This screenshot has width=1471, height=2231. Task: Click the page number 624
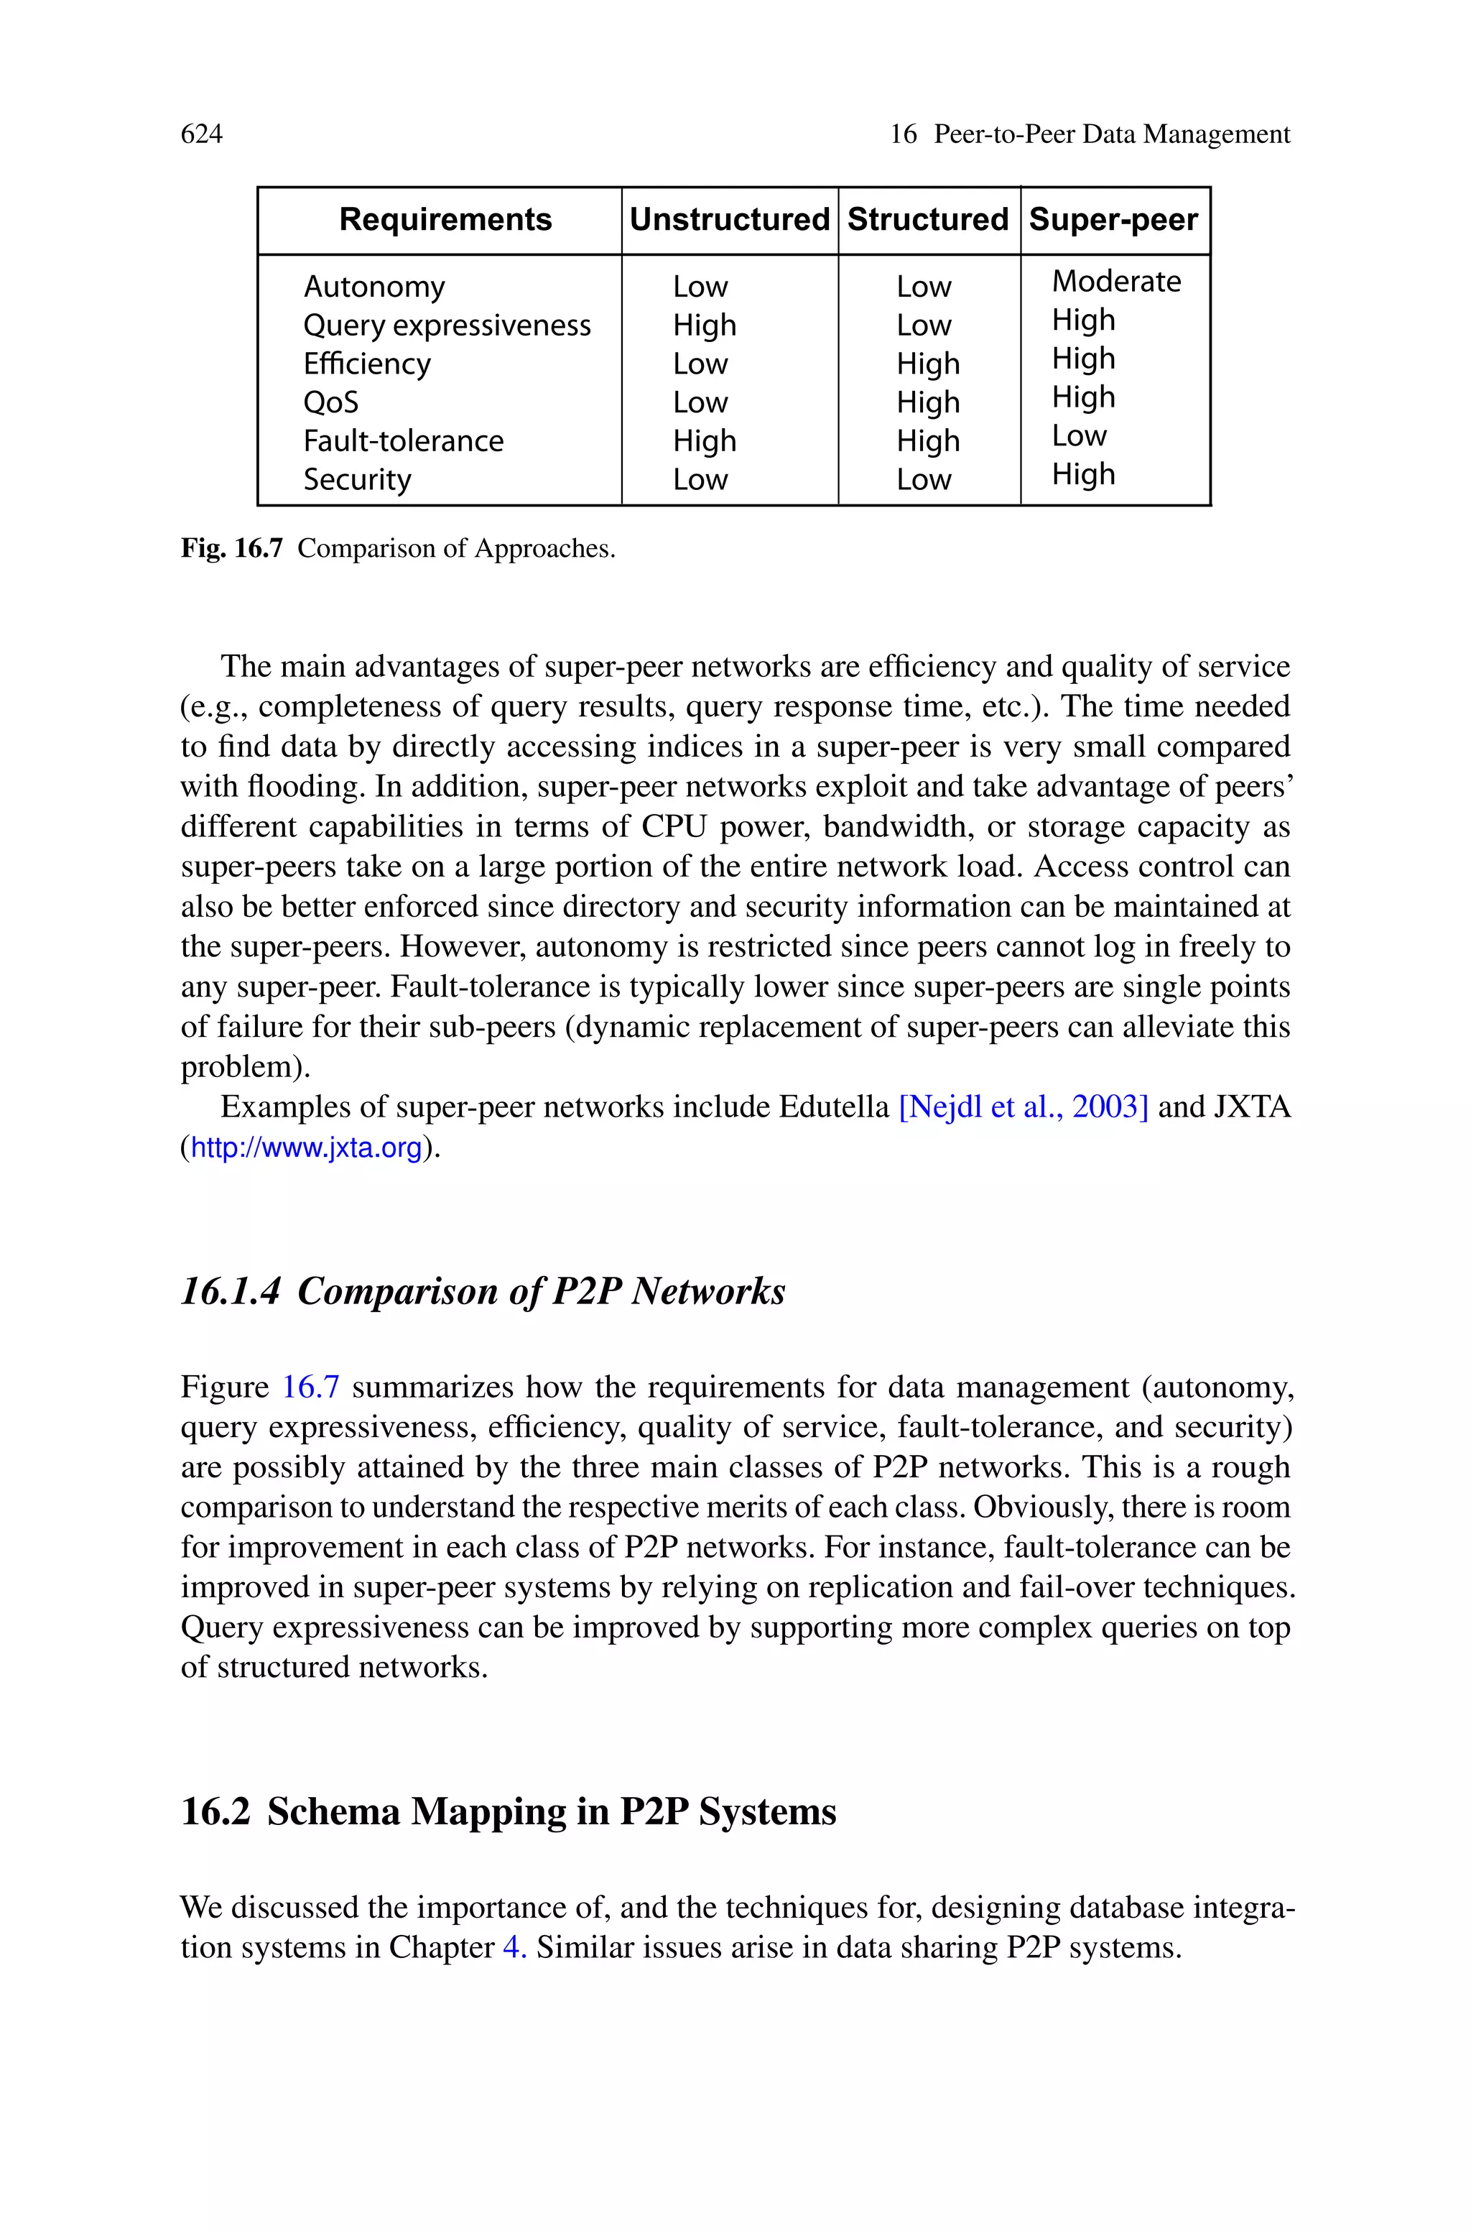coord(202,134)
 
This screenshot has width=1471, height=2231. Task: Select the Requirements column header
coord(445,220)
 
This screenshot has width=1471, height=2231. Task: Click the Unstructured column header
coord(729,220)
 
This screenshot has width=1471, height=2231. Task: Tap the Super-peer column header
coord(1113,220)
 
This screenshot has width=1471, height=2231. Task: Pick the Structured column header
coord(927,220)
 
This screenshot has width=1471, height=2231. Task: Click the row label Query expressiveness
coord(447,325)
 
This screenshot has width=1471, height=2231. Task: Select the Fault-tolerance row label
coord(404,441)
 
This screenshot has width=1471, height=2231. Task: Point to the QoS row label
coord(330,402)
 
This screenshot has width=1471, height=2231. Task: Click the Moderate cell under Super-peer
coord(1115,282)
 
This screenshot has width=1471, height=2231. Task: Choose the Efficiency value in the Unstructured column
coord(700,364)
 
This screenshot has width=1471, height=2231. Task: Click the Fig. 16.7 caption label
coord(231,549)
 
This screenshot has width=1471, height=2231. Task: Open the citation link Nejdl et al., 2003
coord(1023,1108)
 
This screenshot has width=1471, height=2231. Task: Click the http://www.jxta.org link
coord(306,1148)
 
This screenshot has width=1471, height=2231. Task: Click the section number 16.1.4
coord(230,1292)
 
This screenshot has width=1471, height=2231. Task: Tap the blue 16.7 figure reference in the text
coord(310,1387)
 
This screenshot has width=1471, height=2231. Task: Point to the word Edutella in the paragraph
coord(833,1108)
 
